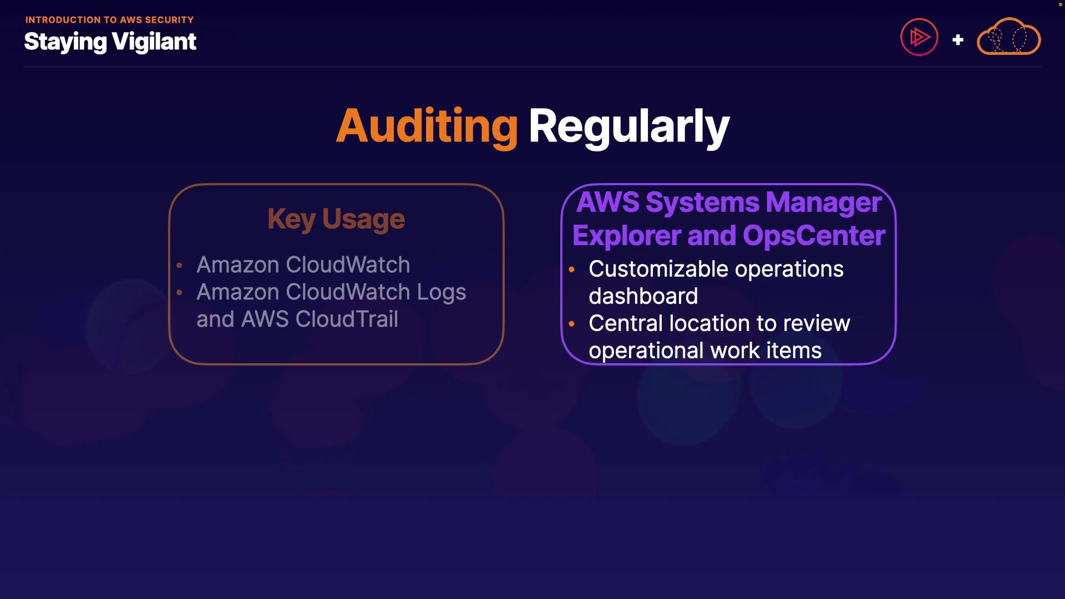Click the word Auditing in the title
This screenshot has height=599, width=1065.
(x=427, y=126)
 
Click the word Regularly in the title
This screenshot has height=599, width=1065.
(x=628, y=126)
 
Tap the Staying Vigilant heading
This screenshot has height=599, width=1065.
(x=110, y=42)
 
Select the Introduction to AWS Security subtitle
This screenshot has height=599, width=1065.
(x=109, y=20)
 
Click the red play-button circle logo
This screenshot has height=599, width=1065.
(x=919, y=37)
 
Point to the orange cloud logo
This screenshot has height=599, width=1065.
(x=1008, y=37)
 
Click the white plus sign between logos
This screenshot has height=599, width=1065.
(x=957, y=40)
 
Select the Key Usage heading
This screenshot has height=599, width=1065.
(x=336, y=219)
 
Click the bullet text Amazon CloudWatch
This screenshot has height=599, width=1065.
(x=303, y=265)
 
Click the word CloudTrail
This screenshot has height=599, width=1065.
(x=347, y=319)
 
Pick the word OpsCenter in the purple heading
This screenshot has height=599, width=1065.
(x=814, y=236)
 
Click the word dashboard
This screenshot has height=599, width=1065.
(x=643, y=296)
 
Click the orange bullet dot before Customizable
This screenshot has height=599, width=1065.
(x=572, y=270)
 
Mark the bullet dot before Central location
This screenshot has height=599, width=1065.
(x=572, y=324)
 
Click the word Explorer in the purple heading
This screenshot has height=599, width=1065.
(x=626, y=236)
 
